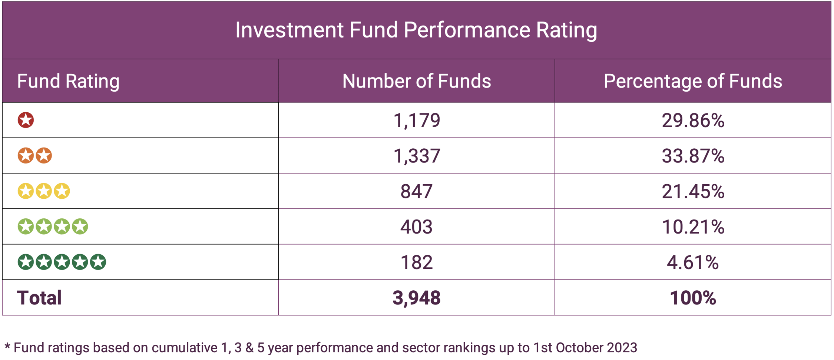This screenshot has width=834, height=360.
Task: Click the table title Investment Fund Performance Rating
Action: (416, 30)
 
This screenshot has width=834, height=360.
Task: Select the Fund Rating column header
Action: (68, 81)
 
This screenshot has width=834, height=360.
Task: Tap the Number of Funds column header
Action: (416, 81)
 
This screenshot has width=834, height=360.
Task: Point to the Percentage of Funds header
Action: (692, 81)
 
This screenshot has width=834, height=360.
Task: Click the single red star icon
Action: (26, 120)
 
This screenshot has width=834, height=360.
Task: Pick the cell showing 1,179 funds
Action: (416, 120)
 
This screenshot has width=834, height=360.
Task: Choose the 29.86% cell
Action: (692, 120)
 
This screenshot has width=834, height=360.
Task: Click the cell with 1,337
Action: (416, 156)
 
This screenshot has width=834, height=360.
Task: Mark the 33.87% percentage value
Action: (692, 156)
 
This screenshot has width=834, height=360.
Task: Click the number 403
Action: (416, 227)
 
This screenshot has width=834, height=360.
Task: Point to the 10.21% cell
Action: (692, 227)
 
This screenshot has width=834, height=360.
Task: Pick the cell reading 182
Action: (416, 262)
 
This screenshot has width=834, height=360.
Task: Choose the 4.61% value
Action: (692, 262)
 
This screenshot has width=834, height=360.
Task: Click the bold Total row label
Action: (39, 298)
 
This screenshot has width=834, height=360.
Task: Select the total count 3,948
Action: (416, 298)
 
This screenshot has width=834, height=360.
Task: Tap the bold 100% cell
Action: (692, 298)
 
